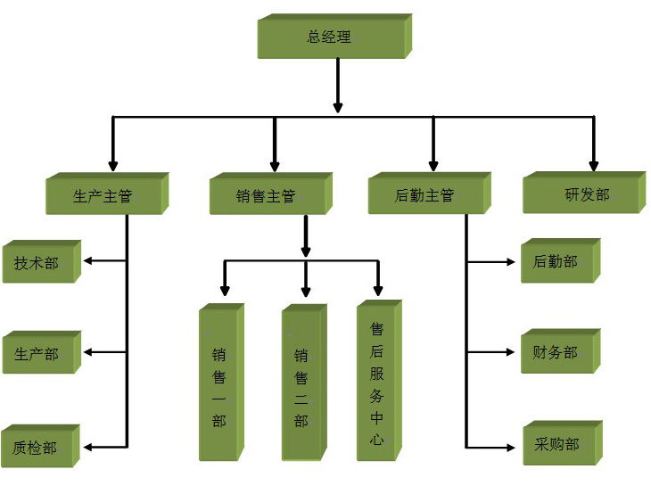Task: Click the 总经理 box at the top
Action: click(x=331, y=37)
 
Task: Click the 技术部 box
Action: click(x=37, y=263)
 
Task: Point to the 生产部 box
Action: click(x=37, y=353)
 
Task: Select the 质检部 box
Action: click(x=37, y=447)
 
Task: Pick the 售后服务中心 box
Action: click(x=377, y=383)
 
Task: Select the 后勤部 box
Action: click(x=556, y=262)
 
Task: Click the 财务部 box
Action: click(x=556, y=352)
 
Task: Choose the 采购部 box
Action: click(x=558, y=444)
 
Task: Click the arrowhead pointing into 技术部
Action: click(x=88, y=262)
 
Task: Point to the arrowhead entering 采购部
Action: click(x=512, y=445)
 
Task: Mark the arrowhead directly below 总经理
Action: click(x=338, y=106)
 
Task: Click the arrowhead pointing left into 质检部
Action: click(x=88, y=445)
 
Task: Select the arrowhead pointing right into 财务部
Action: click(x=511, y=353)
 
